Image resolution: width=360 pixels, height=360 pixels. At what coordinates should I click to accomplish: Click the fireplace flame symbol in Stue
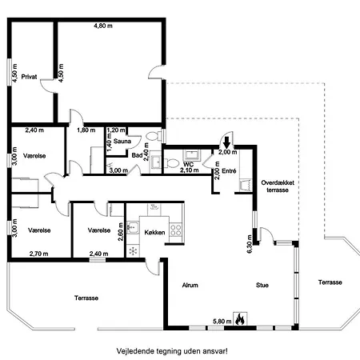(240, 318)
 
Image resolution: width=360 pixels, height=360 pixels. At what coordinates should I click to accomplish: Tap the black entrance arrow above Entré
(226, 142)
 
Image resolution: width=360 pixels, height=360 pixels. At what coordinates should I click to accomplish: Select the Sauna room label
(122, 141)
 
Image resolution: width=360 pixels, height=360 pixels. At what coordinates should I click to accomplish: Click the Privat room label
(29, 77)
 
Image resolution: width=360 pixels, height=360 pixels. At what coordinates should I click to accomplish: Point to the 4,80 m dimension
(103, 26)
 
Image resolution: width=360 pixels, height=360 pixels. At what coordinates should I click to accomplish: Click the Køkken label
(154, 233)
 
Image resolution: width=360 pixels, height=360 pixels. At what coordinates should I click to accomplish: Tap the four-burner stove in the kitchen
(176, 230)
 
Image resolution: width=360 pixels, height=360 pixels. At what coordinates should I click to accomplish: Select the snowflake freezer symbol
(133, 250)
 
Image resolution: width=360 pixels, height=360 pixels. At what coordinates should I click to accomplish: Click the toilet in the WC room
(171, 163)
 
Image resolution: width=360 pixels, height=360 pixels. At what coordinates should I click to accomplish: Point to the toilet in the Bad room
(153, 136)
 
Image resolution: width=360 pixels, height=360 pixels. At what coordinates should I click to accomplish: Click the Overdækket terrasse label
(278, 186)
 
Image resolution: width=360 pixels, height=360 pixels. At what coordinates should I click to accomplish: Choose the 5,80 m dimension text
(222, 322)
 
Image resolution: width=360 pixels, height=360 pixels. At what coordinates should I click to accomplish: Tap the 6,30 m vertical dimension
(250, 244)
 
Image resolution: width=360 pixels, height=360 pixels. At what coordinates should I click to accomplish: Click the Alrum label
(190, 286)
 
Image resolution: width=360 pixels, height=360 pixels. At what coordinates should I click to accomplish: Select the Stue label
(262, 286)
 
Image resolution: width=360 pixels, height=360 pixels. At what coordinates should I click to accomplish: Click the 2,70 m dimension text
(39, 254)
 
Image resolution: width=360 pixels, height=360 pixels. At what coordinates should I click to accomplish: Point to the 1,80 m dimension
(86, 130)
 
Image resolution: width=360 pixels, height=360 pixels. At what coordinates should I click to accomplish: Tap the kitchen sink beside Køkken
(133, 227)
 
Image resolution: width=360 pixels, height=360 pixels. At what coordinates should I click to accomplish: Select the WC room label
(188, 164)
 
